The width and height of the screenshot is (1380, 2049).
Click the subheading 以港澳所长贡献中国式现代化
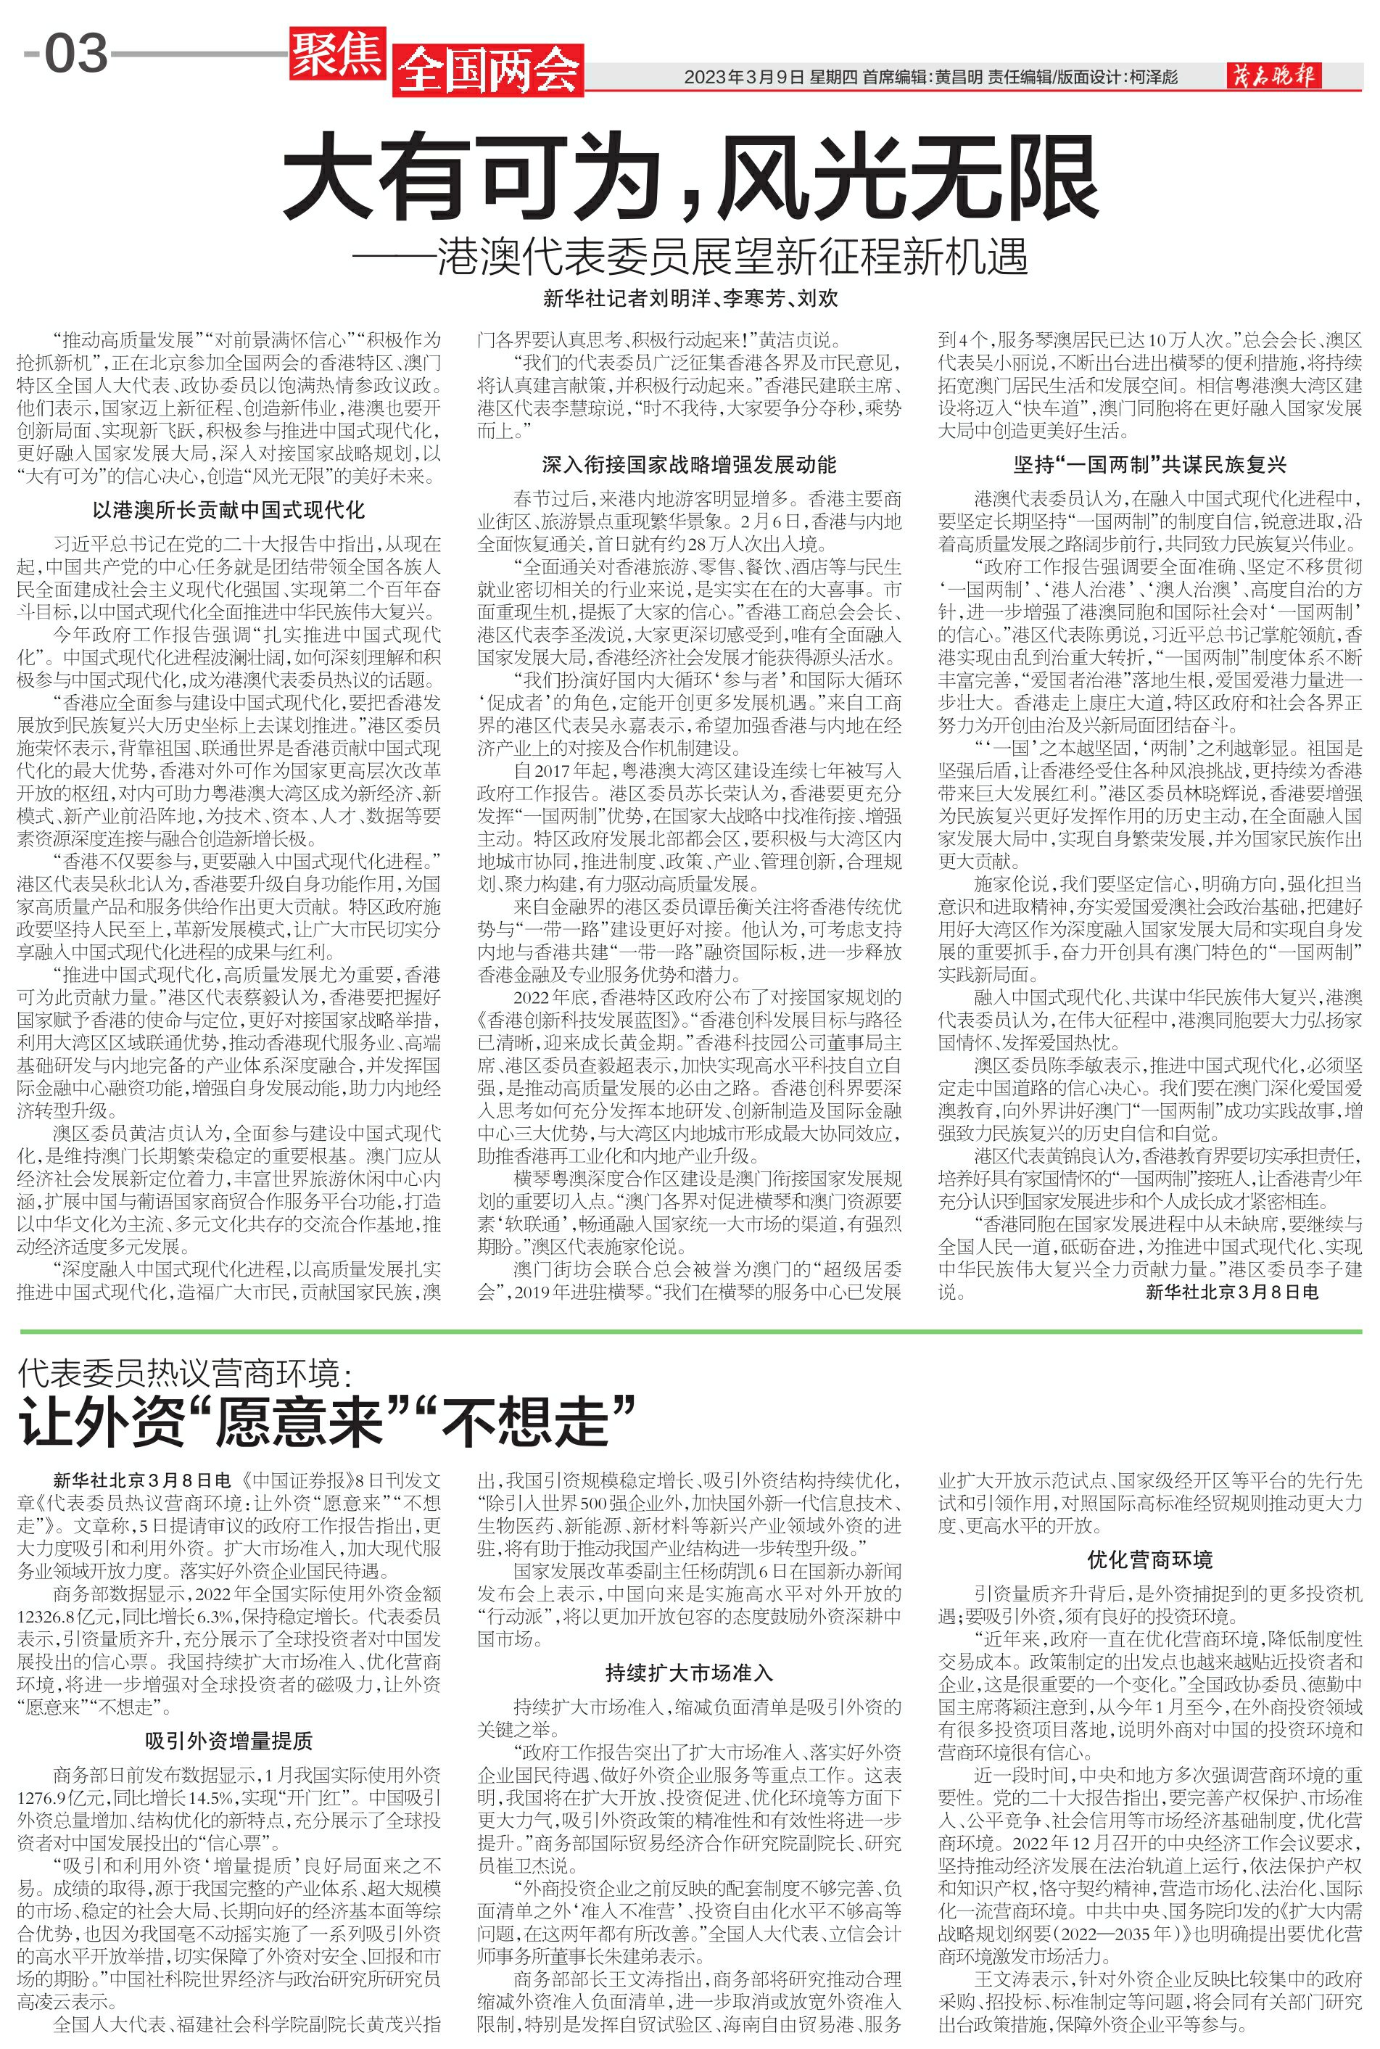(229, 510)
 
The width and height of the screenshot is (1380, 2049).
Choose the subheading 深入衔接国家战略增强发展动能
(689, 464)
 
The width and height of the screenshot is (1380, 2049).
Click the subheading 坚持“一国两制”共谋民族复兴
(1150, 464)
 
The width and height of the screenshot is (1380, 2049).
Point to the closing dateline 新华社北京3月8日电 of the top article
(1232, 1292)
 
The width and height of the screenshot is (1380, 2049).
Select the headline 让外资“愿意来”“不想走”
(326, 1423)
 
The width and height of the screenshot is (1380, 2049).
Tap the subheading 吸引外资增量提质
(229, 1741)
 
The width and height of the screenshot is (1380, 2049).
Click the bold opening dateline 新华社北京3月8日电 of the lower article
(141, 1480)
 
